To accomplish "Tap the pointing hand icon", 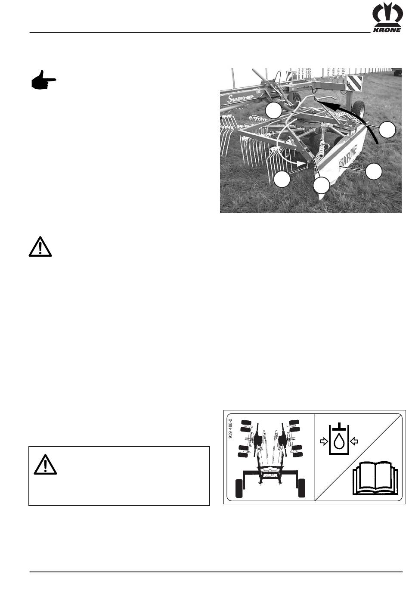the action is pos(43,81).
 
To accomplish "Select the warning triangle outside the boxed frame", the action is pos(40,247).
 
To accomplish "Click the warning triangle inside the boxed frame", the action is pos(46,464).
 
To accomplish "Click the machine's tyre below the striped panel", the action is pos(358,111).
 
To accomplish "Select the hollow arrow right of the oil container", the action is pos(354,441).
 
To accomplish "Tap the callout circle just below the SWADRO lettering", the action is pos(273,111).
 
